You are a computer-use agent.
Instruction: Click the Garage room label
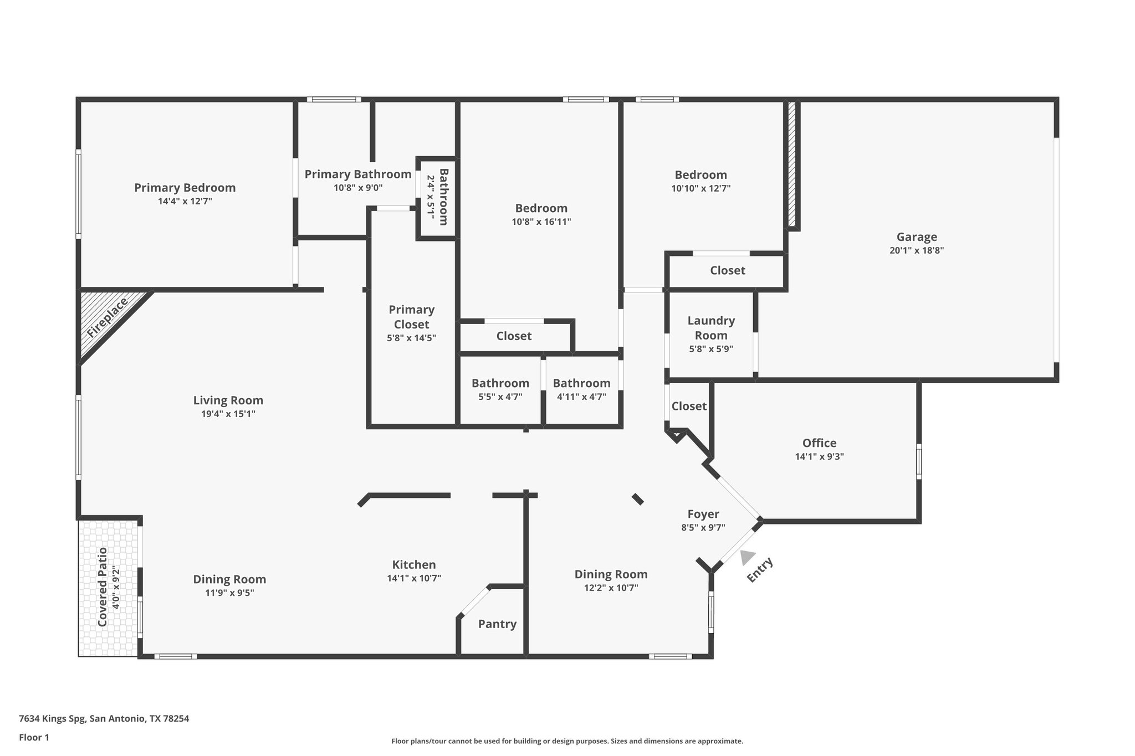click(x=917, y=237)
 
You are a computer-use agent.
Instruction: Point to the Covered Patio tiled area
click(x=108, y=587)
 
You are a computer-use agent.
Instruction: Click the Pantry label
click(x=497, y=624)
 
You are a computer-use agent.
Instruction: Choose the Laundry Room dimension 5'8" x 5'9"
click(x=711, y=349)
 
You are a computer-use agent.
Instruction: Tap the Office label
click(x=819, y=443)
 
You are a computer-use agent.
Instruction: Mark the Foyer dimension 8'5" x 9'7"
click(x=703, y=528)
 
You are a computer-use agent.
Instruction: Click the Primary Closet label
click(x=411, y=317)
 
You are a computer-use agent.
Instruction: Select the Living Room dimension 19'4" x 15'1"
click(x=228, y=414)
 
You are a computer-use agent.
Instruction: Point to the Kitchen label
click(x=414, y=565)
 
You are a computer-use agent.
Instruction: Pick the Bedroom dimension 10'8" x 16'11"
click(x=541, y=222)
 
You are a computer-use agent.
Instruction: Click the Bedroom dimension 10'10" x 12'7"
click(x=701, y=188)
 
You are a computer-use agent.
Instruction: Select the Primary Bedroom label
click(x=185, y=188)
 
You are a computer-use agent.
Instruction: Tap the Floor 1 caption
click(x=34, y=737)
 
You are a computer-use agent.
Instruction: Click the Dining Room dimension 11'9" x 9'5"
click(x=229, y=593)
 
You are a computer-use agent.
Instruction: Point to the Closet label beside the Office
click(x=689, y=406)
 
